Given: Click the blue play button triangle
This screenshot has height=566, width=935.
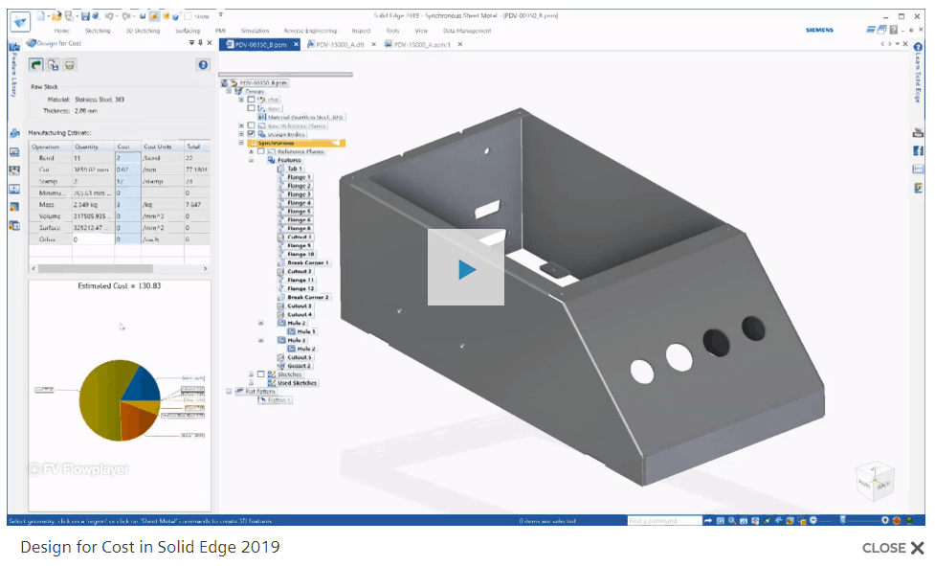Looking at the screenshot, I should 466,269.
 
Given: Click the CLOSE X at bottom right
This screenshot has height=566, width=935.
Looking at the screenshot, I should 894,548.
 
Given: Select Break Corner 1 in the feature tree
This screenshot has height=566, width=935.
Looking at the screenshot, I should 307,262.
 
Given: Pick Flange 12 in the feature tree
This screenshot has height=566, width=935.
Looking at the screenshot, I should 300,288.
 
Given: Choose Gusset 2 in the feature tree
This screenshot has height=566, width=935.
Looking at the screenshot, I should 300,366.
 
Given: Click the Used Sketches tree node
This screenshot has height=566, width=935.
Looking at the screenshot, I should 298,383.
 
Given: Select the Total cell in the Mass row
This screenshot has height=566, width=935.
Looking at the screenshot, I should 196,205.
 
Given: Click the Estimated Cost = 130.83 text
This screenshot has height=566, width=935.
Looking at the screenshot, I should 120,286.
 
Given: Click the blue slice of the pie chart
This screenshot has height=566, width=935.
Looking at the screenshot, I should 143,382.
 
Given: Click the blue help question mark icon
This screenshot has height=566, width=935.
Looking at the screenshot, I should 203,64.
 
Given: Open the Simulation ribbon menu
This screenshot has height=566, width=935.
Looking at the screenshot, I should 255,31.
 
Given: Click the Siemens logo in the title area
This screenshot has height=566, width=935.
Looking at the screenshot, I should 818,31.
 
